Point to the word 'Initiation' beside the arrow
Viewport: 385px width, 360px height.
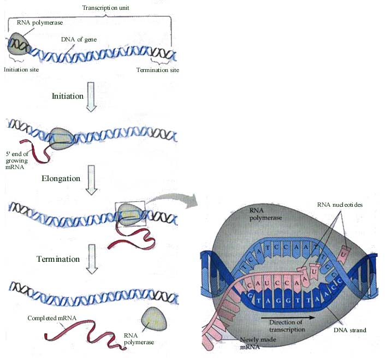[68, 96]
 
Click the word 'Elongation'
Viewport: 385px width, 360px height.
[61, 178]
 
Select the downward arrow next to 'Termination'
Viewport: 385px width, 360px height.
[92, 263]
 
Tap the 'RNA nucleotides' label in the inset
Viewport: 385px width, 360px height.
[340, 205]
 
